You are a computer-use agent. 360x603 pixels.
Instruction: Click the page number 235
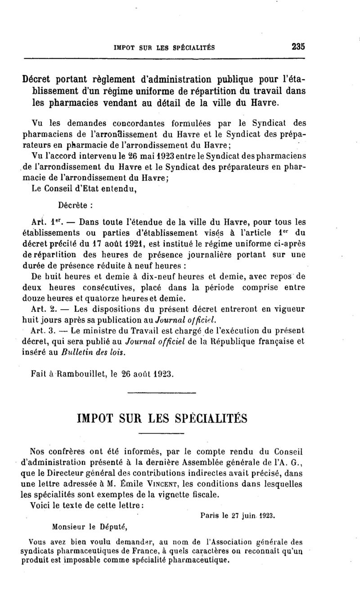[298, 46]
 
